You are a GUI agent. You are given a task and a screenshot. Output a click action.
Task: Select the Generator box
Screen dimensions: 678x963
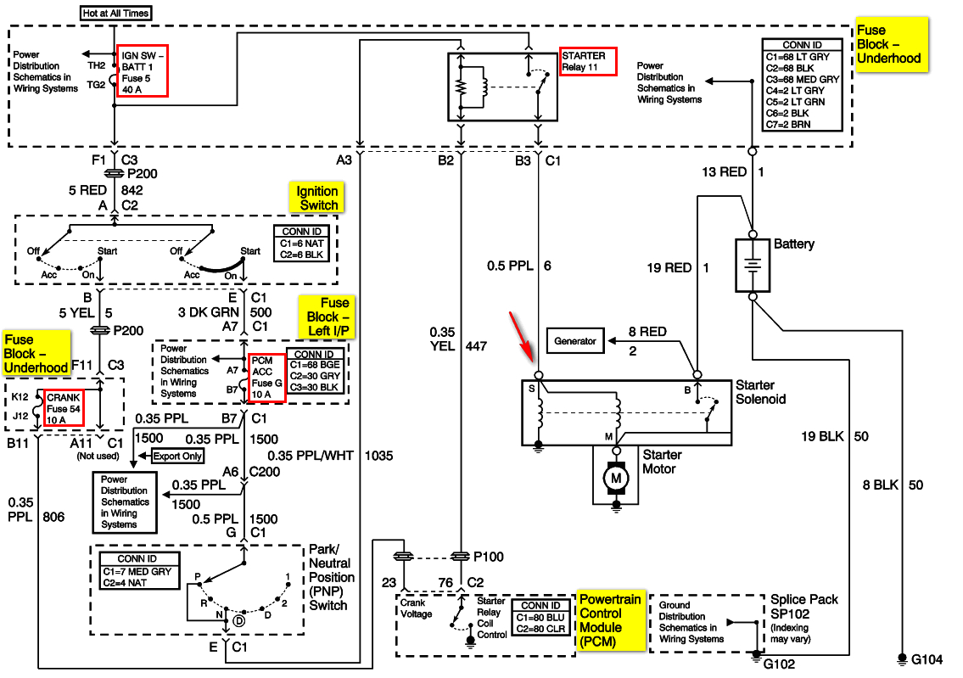[x=574, y=341]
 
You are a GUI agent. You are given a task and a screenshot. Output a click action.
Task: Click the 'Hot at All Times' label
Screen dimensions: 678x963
[x=115, y=13]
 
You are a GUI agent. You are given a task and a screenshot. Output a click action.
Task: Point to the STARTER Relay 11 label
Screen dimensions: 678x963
[x=586, y=61]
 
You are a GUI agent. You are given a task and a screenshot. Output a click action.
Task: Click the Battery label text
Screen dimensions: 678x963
[x=793, y=244]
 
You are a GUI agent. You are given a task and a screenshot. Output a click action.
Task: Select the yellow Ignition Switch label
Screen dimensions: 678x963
[x=318, y=198]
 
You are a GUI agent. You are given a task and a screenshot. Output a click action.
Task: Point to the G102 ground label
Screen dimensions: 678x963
[x=779, y=663]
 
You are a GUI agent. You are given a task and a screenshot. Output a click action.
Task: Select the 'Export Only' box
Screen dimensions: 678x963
[x=178, y=457]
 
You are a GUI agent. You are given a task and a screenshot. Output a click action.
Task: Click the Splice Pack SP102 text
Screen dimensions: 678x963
[x=803, y=606]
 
